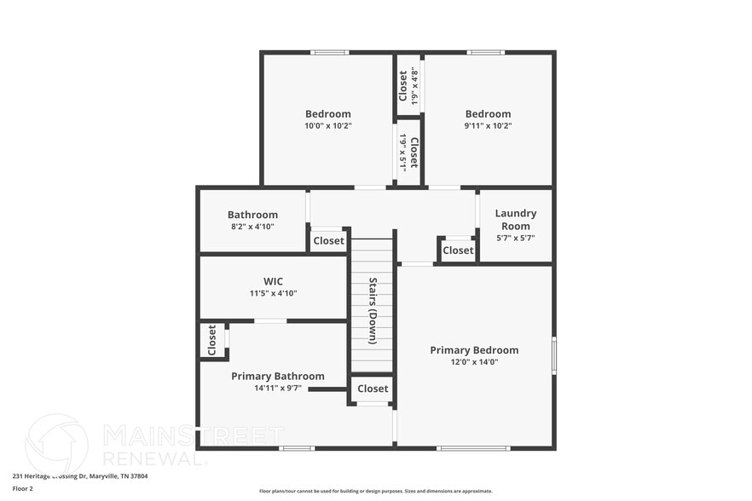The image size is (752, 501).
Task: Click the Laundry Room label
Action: (x=515, y=219)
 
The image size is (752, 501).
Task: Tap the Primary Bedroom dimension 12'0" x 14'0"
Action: (x=474, y=362)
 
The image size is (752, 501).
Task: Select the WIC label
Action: (x=273, y=281)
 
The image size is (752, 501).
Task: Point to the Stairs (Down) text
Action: (x=373, y=310)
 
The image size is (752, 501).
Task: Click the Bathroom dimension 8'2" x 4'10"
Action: (x=252, y=227)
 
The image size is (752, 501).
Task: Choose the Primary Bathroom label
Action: (x=278, y=376)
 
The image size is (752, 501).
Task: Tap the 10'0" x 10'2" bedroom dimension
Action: (x=328, y=125)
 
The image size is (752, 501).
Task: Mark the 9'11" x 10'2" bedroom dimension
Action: (x=488, y=125)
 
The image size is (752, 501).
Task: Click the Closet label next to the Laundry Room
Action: (x=458, y=250)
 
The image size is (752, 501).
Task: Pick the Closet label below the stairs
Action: (x=373, y=389)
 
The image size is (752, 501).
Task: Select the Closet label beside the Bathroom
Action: (x=328, y=241)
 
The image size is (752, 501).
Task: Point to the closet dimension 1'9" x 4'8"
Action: (x=415, y=83)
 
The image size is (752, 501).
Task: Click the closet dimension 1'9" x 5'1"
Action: (x=402, y=151)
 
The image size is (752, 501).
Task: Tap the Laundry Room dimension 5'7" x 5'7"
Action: (x=515, y=239)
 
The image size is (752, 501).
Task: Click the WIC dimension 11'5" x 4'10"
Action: (x=273, y=293)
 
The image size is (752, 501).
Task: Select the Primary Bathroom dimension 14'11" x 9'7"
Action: (x=278, y=389)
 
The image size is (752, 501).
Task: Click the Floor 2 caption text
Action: (x=23, y=489)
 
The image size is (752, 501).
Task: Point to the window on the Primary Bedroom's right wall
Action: (x=553, y=354)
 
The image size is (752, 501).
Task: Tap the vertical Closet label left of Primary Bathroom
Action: (x=212, y=340)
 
